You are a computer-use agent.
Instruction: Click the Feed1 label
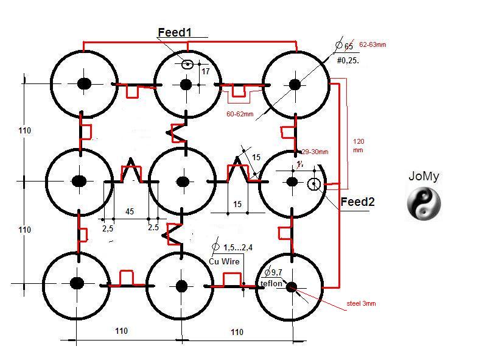click(x=175, y=32)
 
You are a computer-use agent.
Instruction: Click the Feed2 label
click(x=357, y=202)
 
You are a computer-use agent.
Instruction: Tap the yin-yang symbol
click(x=424, y=204)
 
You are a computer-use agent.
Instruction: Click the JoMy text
click(x=424, y=177)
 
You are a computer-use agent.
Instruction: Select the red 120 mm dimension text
click(x=358, y=145)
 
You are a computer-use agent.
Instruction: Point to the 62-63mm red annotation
click(x=373, y=44)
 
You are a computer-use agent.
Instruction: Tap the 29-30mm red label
click(x=315, y=152)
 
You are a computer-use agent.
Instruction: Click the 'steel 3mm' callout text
click(x=361, y=303)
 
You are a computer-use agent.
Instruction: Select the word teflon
click(x=271, y=284)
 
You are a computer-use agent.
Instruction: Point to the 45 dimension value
click(x=130, y=211)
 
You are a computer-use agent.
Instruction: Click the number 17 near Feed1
click(x=206, y=72)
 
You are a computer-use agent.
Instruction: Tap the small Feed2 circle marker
click(x=314, y=184)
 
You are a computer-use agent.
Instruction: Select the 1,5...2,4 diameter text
click(x=237, y=247)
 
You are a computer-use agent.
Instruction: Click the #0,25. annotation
click(x=348, y=60)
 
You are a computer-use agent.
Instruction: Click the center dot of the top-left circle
click(x=83, y=83)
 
